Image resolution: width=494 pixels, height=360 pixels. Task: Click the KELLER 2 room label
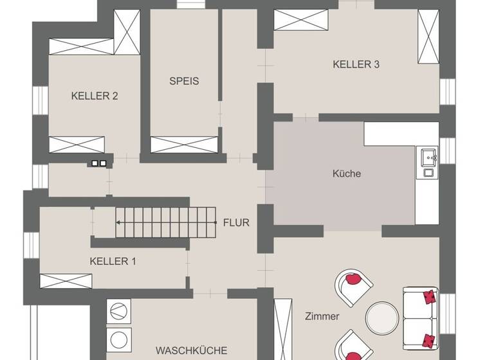pos(95,96)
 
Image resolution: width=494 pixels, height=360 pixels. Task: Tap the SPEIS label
pos(184,81)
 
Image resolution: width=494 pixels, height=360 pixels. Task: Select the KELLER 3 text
pos(356,64)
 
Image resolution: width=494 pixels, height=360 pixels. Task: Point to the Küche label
pos(347,174)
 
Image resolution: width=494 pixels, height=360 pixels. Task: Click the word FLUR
pos(236,223)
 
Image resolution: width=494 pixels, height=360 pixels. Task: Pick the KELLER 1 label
pos(113,261)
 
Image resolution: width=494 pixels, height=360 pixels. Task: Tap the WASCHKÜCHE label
pos(191,350)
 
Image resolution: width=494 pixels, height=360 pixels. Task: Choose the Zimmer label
pos(322,316)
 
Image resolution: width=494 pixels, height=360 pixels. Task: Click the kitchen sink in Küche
pos(428,156)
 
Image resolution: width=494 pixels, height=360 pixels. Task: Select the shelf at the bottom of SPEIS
pos(185,145)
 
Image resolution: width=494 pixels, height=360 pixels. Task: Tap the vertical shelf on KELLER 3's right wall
pos(427,37)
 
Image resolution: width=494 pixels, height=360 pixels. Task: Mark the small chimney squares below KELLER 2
pos(99,163)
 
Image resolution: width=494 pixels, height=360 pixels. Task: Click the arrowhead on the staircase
pos(119,223)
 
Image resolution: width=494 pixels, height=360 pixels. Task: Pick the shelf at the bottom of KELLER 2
pos(77,145)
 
